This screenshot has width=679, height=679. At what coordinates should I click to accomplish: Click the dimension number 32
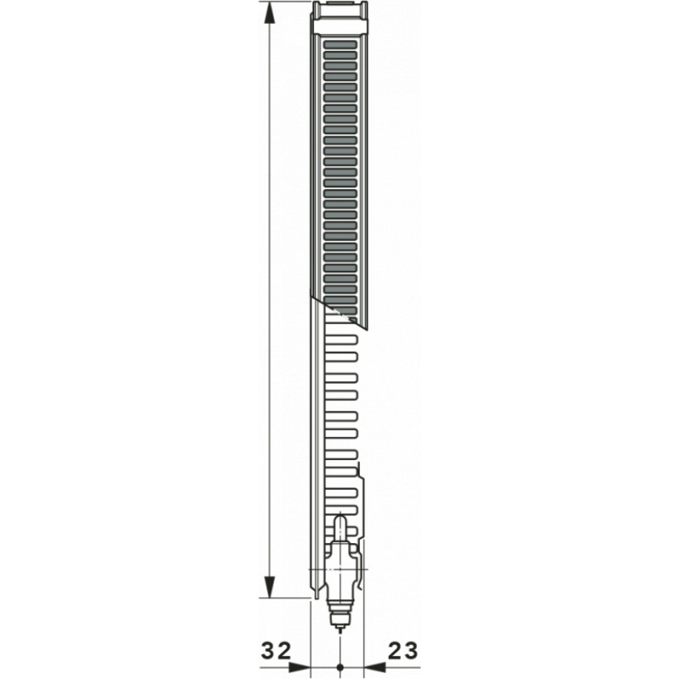[276, 651]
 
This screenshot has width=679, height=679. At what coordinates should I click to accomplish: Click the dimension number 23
[403, 651]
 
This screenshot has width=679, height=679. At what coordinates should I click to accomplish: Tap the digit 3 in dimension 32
[267, 651]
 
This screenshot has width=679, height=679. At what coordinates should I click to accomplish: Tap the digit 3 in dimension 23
[412, 651]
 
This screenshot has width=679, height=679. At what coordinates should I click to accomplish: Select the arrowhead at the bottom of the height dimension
[269, 586]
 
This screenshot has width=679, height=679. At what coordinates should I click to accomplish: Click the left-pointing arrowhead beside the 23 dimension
[373, 667]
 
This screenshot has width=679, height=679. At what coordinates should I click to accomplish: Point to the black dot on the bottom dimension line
[339, 667]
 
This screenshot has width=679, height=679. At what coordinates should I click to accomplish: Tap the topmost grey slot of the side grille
[340, 43]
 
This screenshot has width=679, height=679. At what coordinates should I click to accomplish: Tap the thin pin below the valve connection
[339, 629]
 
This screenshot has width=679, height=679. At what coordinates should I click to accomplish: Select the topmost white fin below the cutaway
[341, 327]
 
